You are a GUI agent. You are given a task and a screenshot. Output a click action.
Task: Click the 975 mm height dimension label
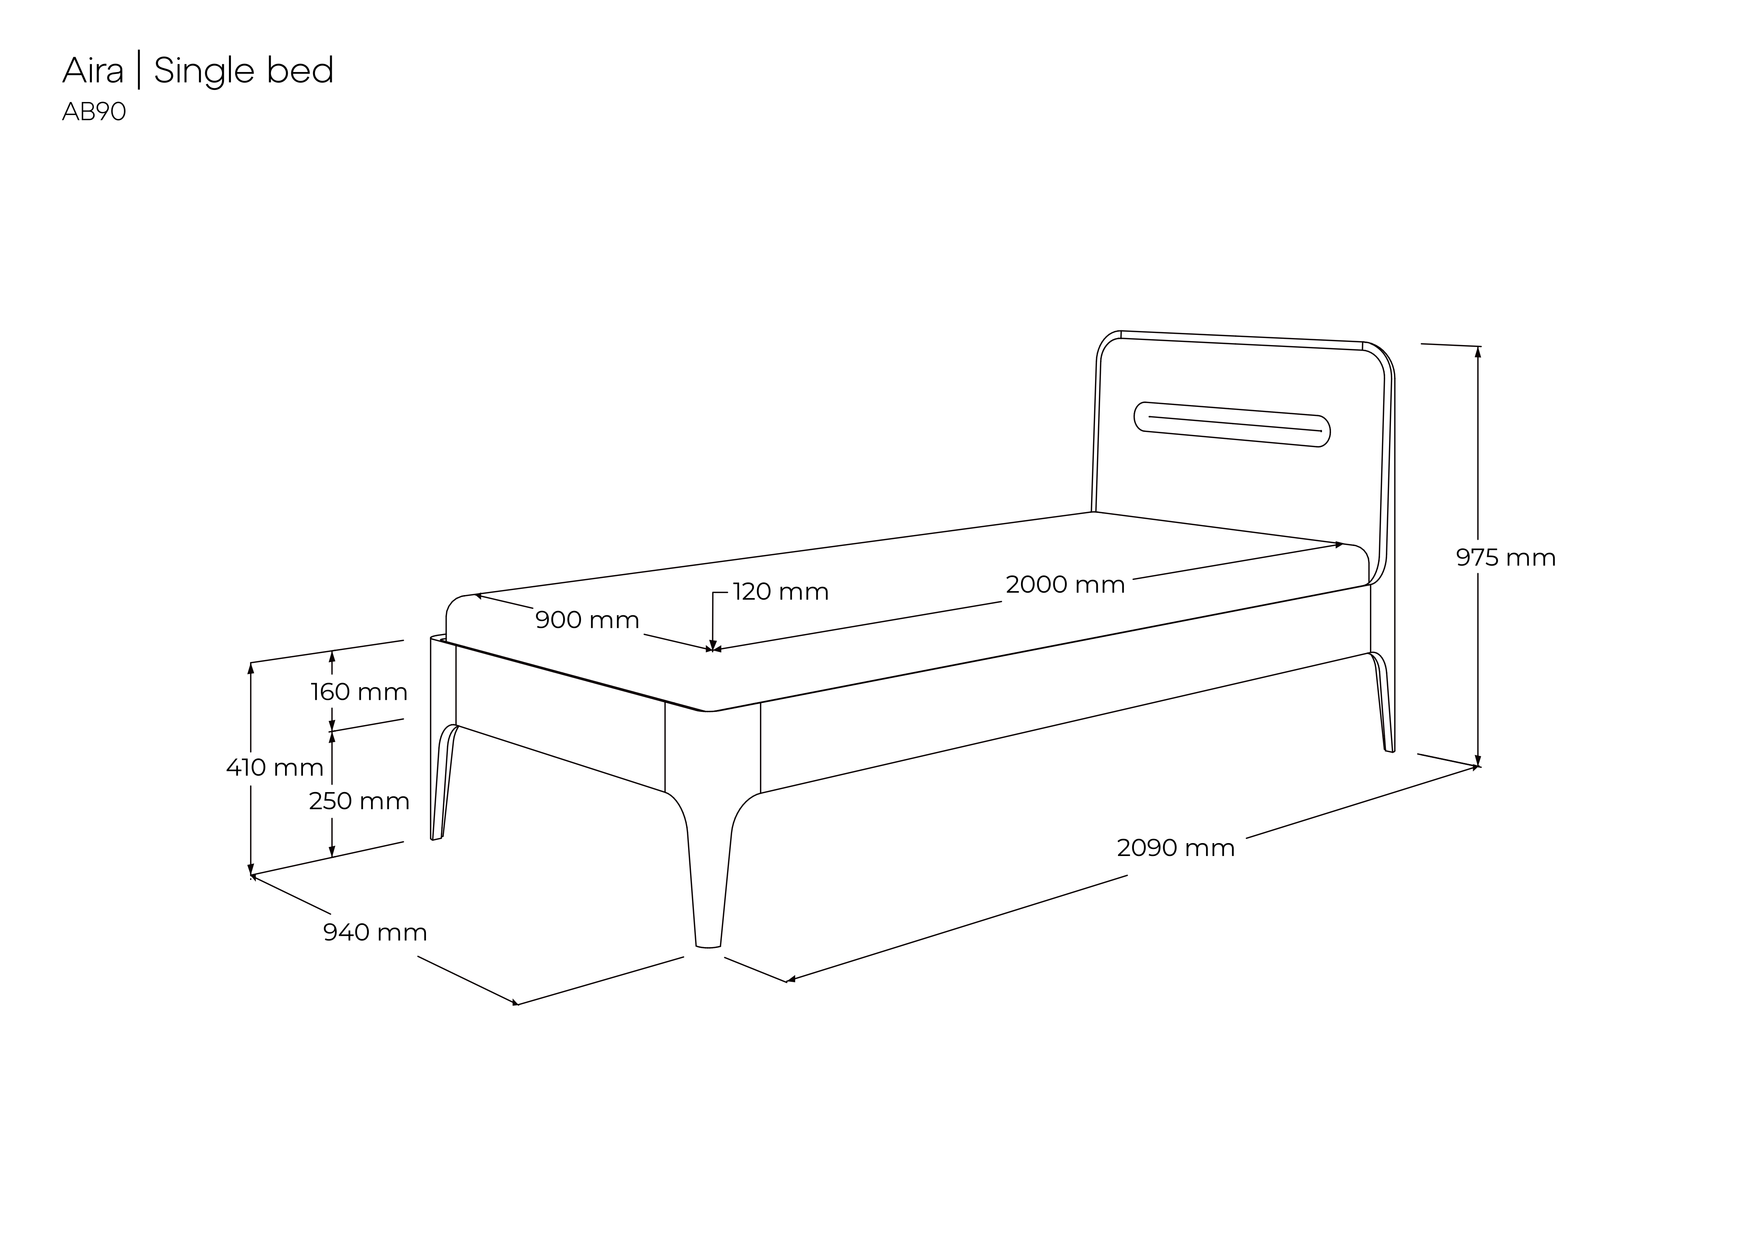[x=1505, y=558]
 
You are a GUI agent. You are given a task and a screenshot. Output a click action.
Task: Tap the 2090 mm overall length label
[x=1175, y=848]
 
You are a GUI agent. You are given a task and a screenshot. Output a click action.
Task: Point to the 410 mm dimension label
[x=275, y=767]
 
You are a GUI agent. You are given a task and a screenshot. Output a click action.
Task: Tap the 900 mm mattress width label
[x=587, y=620]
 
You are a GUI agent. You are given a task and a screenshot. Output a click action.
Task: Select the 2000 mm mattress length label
[x=1065, y=585]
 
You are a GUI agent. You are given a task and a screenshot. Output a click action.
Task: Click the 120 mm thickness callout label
[x=780, y=592]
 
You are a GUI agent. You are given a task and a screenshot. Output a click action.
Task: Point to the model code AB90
[x=94, y=112]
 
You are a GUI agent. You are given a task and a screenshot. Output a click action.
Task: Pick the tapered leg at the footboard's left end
[x=444, y=781]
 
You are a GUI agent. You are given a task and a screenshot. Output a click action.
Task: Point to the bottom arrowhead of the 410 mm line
[x=251, y=869]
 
